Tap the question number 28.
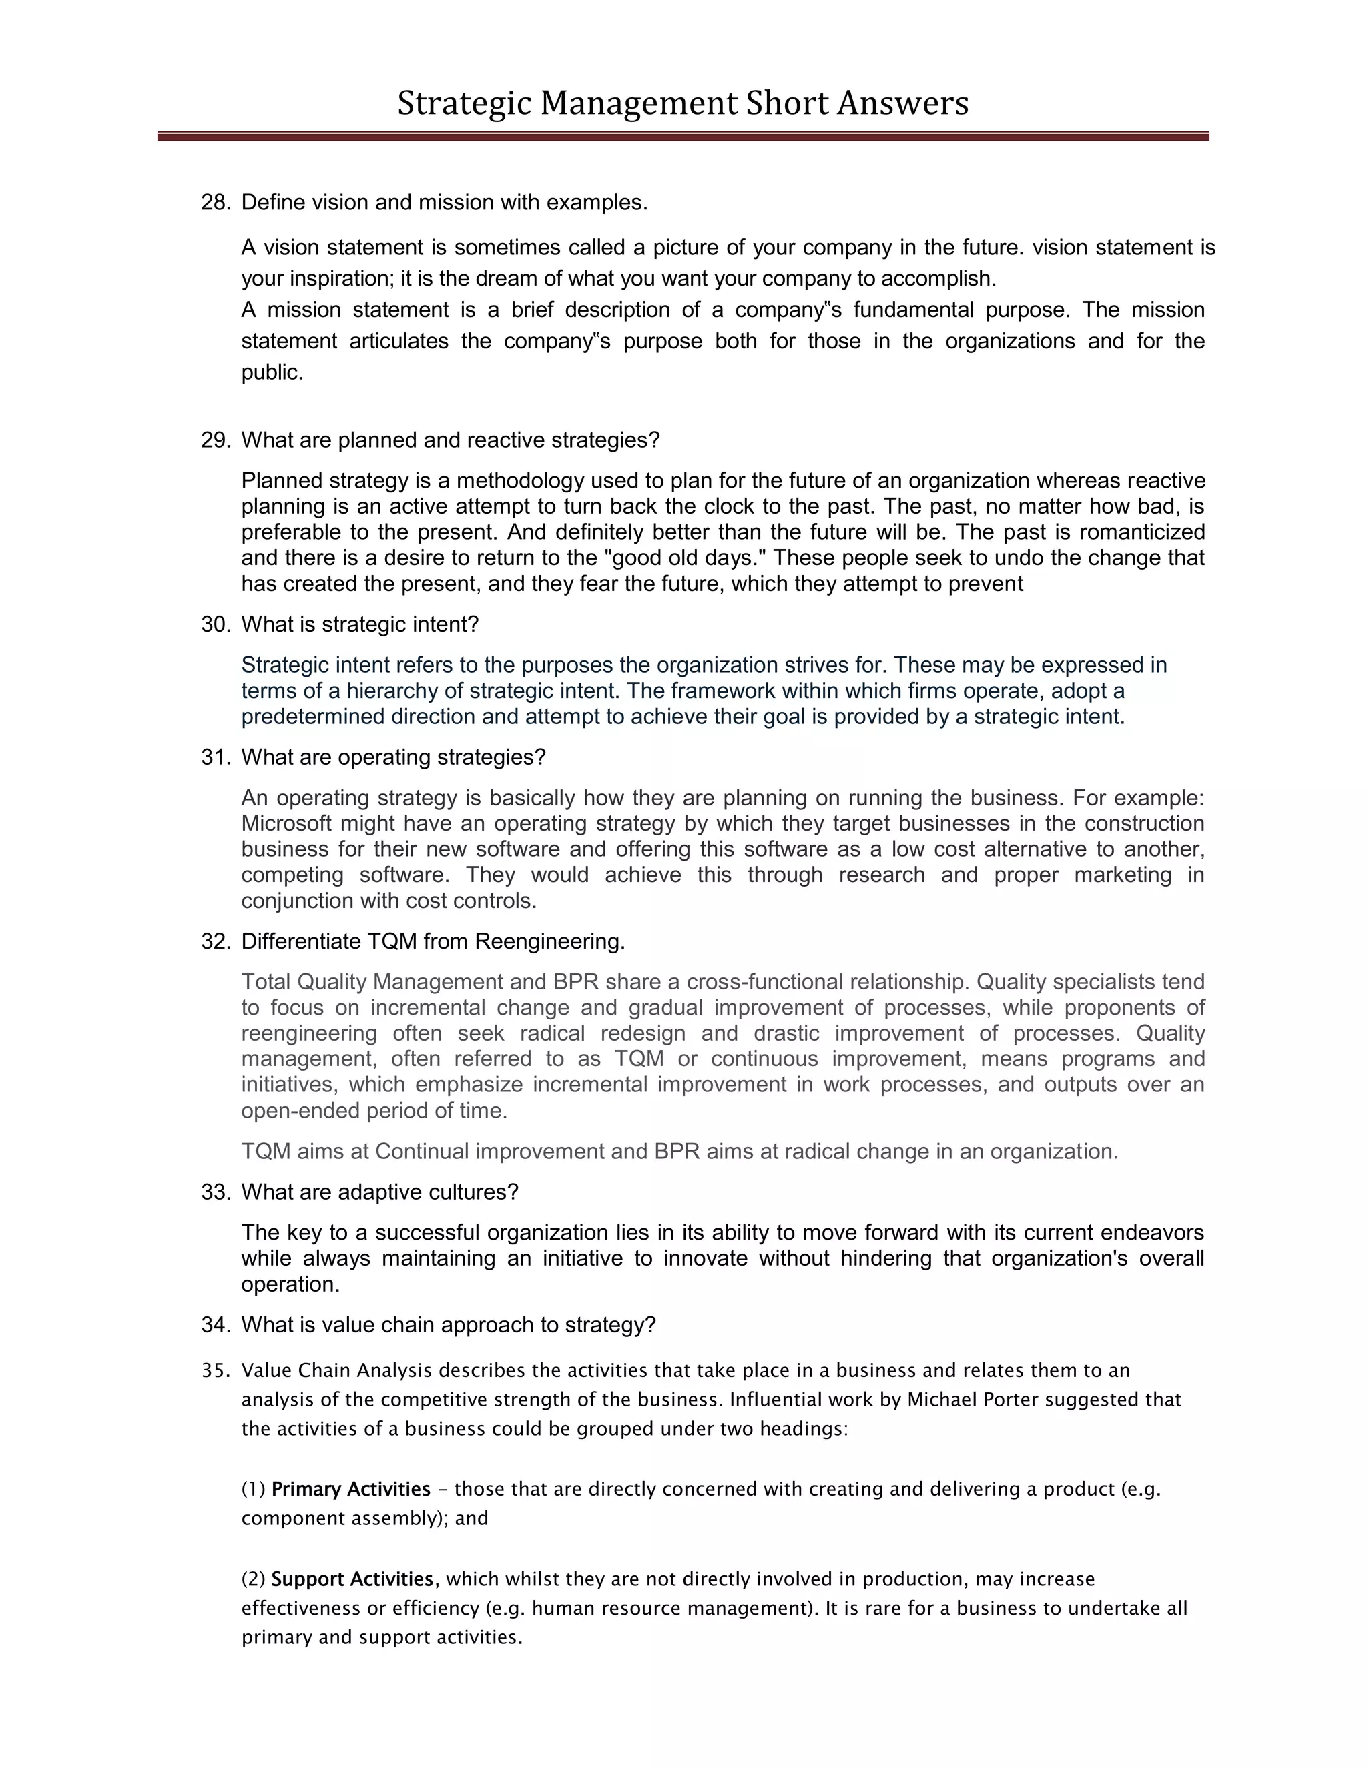215,202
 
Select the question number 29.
215,440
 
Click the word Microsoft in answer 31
286,823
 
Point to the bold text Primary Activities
350,1490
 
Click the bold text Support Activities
352,1579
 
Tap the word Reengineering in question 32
549,941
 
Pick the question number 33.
215,1192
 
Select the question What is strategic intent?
360,625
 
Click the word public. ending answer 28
272,372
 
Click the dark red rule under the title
683,137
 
